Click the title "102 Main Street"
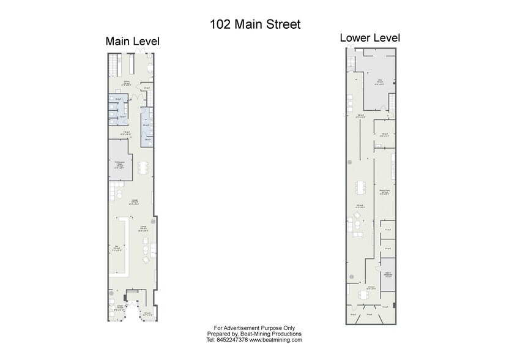point(255,24)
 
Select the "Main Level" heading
point(132,42)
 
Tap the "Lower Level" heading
point(370,38)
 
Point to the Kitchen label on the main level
point(127,82)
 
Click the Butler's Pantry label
point(385,192)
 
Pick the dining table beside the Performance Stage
point(143,167)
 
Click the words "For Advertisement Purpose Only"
point(254,328)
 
